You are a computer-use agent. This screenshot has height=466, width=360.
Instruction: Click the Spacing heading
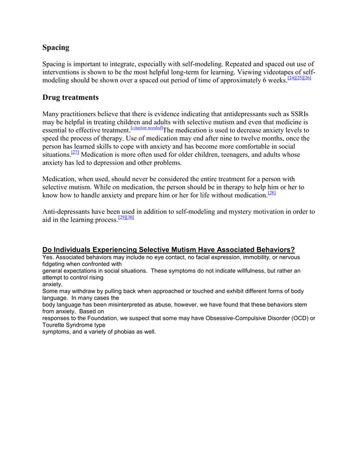(x=56, y=48)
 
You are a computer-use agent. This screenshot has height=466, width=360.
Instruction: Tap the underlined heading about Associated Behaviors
(x=169, y=249)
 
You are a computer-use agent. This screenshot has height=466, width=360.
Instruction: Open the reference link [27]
(x=74, y=152)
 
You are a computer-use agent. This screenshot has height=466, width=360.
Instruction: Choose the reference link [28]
(x=271, y=194)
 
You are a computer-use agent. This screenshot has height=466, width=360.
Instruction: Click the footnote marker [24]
(x=292, y=78)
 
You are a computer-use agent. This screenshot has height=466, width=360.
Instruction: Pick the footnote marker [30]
(x=130, y=218)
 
